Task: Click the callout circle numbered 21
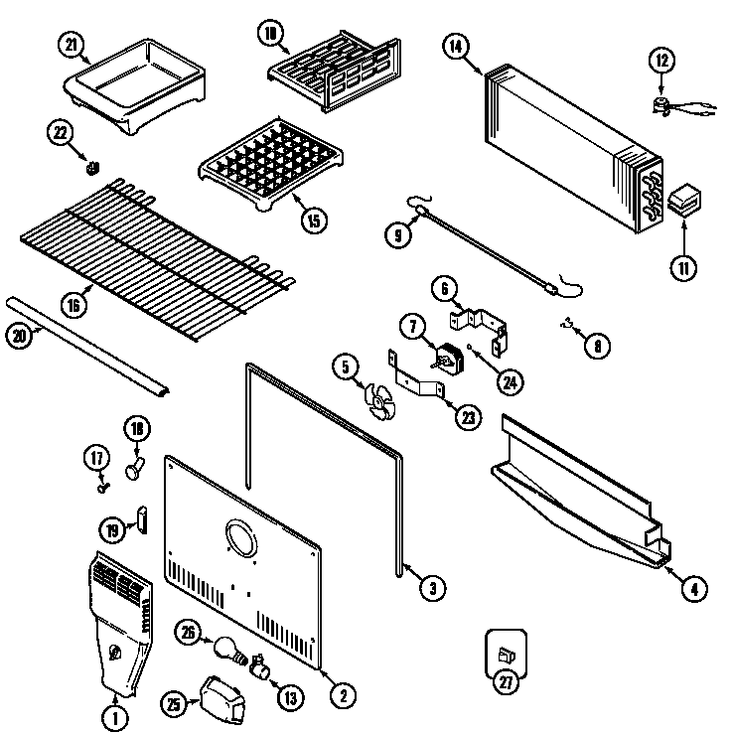click(x=72, y=46)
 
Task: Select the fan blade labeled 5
click(x=382, y=401)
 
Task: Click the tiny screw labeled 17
click(x=102, y=487)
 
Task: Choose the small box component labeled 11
click(x=684, y=202)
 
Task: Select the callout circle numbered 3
click(x=430, y=588)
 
